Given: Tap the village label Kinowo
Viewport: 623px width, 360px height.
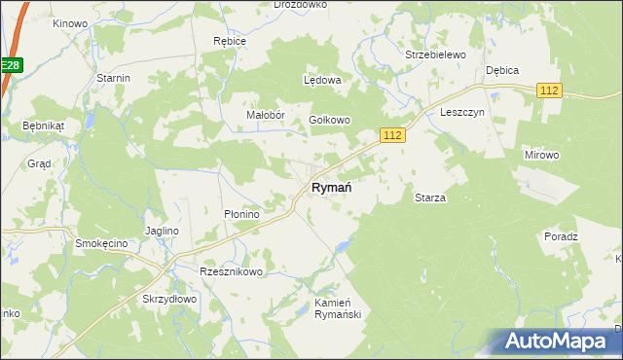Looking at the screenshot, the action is (70, 22).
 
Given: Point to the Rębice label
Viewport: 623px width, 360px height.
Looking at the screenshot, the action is (230, 42).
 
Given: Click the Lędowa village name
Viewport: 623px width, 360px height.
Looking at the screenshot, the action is (322, 81).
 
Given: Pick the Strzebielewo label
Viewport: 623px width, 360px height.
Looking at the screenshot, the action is (435, 55).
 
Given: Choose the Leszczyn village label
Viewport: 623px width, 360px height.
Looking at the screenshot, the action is (461, 112).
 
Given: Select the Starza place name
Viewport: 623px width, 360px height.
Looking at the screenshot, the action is (430, 198).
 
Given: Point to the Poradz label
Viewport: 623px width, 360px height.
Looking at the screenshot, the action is (562, 236).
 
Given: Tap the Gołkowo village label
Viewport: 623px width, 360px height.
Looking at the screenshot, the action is (329, 120).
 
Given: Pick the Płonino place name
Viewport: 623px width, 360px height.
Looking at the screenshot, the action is (240, 214).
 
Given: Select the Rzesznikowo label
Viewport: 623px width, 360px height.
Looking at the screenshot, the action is (231, 271).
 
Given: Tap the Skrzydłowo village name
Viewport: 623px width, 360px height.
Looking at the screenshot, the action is (170, 299).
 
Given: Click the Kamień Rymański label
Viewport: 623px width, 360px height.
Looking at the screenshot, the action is (338, 308).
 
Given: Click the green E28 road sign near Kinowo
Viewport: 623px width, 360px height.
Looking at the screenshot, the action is (10, 65).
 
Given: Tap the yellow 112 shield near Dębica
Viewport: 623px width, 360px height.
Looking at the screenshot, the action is (549, 90).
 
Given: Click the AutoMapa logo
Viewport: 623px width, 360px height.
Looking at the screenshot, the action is (556, 341).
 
